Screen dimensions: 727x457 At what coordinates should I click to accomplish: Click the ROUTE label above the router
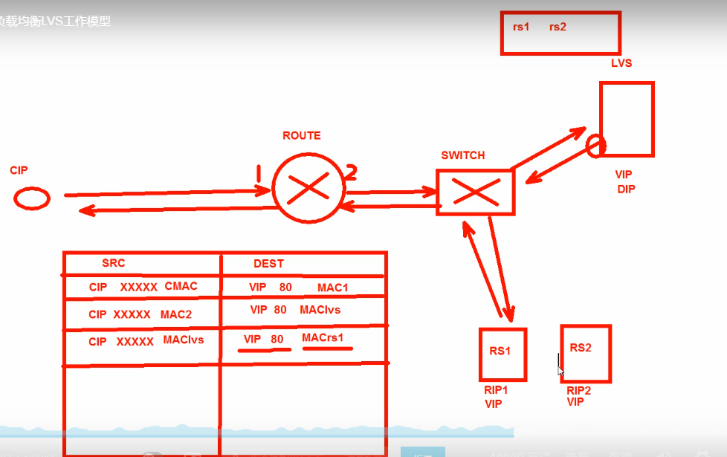[x=302, y=136]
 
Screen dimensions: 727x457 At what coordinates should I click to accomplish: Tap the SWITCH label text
[x=462, y=155]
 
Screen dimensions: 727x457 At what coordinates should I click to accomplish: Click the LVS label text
[x=621, y=63]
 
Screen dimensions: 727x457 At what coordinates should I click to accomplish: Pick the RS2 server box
[x=585, y=352]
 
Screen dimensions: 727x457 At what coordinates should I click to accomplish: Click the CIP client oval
[x=31, y=198]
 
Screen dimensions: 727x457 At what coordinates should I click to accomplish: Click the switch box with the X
[x=475, y=192]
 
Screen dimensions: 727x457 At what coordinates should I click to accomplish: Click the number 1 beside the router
[x=259, y=174]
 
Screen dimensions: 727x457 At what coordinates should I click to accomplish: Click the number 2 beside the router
[x=351, y=172]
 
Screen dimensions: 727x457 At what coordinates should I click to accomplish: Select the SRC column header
[x=113, y=264]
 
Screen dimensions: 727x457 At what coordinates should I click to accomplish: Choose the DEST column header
[x=268, y=264]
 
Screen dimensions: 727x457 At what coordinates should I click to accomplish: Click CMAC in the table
[x=181, y=287]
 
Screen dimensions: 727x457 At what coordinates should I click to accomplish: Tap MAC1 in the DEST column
[x=332, y=288]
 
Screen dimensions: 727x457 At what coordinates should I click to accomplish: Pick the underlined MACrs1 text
[x=323, y=339]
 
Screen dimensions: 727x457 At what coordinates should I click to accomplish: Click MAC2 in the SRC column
[x=175, y=314]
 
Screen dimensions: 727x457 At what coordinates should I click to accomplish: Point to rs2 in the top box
[x=558, y=27]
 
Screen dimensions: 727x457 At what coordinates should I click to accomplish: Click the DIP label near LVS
[x=626, y=189]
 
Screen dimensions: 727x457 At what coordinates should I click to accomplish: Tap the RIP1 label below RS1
[x=495, y=390]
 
